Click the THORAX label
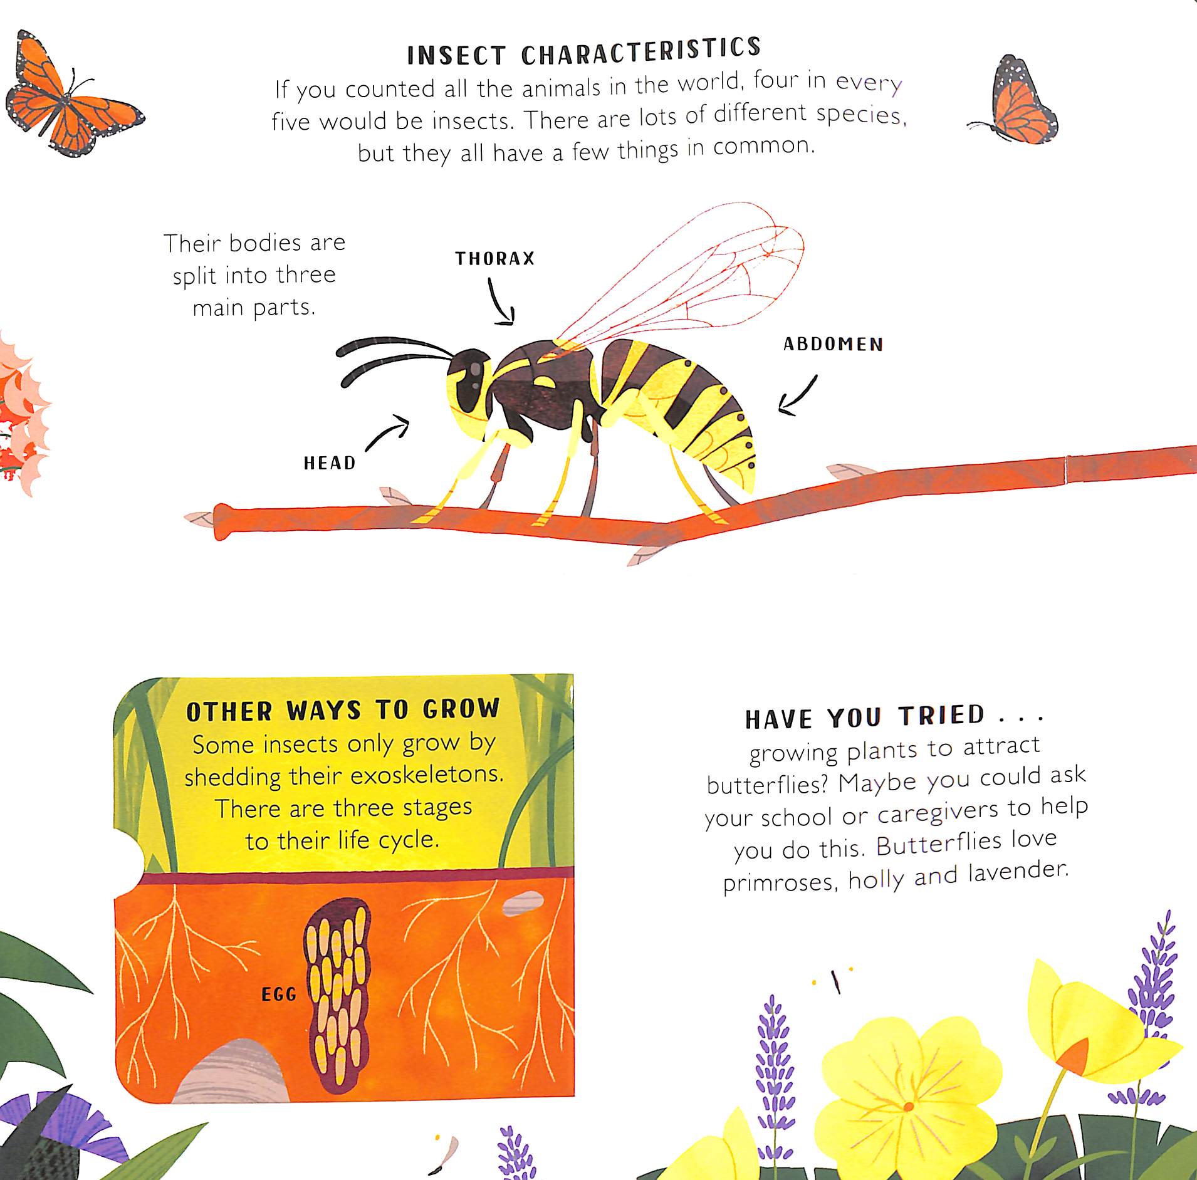[495, 258]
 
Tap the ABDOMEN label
[834, 344]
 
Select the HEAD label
[330, 463]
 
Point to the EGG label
[279, 995]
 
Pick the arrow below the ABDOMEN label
[797, 397]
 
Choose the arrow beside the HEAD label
[387, 432]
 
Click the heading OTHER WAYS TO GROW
[343, 710]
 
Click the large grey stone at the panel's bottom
[231, 1071]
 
